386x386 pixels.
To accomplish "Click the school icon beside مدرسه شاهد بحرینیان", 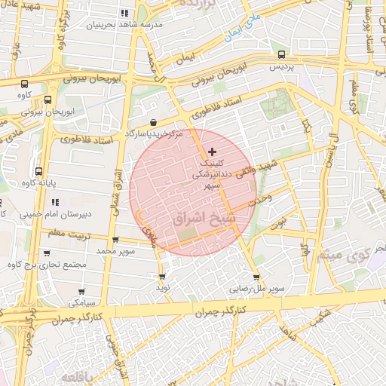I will [124, 13].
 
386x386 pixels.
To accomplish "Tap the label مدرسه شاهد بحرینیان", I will [91, 24].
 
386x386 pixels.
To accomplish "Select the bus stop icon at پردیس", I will [281, 54].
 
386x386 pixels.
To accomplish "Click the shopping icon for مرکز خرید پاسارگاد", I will [154, 122].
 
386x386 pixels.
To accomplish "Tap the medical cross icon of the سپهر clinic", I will [211, 152].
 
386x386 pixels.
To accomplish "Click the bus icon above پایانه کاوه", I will [38, 171].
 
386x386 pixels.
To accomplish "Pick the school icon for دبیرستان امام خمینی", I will [55, 202].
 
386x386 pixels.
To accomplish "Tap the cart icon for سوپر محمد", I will [115, 240].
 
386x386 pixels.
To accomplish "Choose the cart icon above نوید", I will [161, 275].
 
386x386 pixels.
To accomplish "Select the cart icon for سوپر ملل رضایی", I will [258, 277].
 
